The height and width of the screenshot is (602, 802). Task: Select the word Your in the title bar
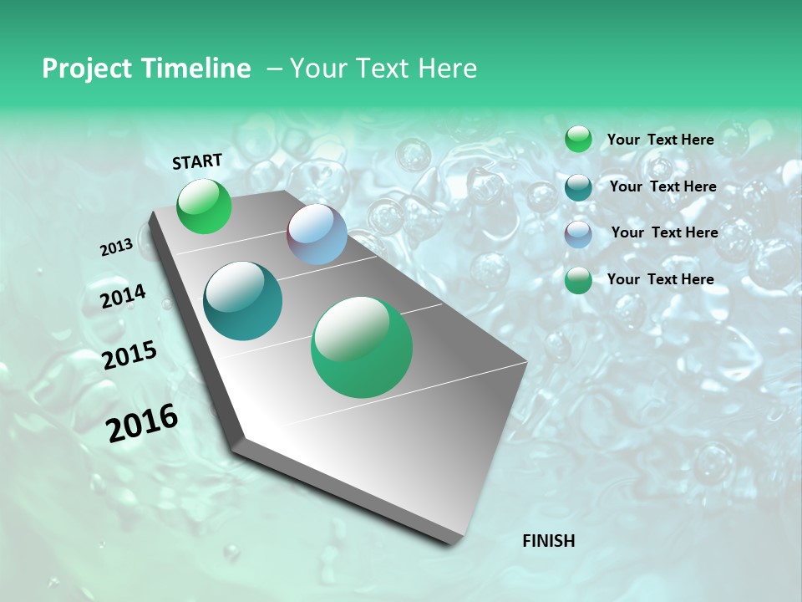click(317, 69)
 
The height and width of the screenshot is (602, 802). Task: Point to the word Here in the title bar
click(448, 69)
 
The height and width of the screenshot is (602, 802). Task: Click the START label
click(197, 161)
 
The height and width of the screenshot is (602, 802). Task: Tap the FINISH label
click(548, 541)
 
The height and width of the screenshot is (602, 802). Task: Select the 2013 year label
click(116, 247)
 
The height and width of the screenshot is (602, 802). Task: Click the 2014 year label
click(123, 297)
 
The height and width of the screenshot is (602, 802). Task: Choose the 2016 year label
click(142, 423)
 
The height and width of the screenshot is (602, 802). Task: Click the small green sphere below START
click(205, 207)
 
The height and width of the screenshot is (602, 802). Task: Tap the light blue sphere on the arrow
click(317, 234)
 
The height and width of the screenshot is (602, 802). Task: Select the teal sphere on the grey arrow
click(243, 301)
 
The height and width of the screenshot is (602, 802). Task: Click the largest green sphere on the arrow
click(362, 347)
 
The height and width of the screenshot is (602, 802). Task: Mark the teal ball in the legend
click(578, 187)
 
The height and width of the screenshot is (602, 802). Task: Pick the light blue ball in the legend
click(578, 234)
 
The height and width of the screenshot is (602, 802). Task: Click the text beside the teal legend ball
click(663, 186)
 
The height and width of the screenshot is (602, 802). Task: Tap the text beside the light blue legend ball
click(664, 232)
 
